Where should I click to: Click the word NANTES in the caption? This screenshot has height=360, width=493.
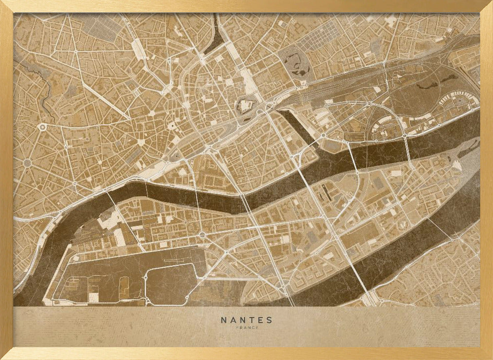pyautogui.click(x=246, y=320)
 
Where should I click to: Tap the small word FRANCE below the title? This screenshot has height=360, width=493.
pyautogui.click(x=246, y=328)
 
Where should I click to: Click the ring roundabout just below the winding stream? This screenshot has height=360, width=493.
pyautogui.click(x=43, y=127)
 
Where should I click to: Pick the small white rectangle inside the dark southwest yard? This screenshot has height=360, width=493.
pyautogui.click(x=93, y=297)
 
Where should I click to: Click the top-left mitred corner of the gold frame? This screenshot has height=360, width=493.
pyautogui.click(x=6, y=6)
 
